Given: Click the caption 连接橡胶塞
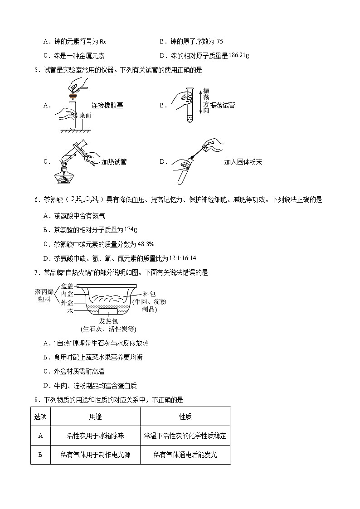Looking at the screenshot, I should (x=107, y=105).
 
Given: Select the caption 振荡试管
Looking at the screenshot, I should (x=223, y=105).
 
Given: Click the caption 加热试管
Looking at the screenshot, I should (x=114, y=162).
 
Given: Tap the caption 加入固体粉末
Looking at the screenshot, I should (x=243, y=162).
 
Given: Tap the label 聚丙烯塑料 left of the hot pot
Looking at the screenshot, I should (x=44, y=296).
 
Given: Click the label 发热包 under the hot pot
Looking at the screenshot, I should (x=108, y=321).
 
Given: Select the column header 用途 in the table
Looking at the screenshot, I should (x=95, y=417).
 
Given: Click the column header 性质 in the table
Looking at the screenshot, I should (x=185, y=417).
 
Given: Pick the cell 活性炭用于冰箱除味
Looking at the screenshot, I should (x=95, y=436).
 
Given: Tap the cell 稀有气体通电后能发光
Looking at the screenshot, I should (x=185, y=455).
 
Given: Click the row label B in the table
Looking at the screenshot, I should (x=40, y=455).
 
